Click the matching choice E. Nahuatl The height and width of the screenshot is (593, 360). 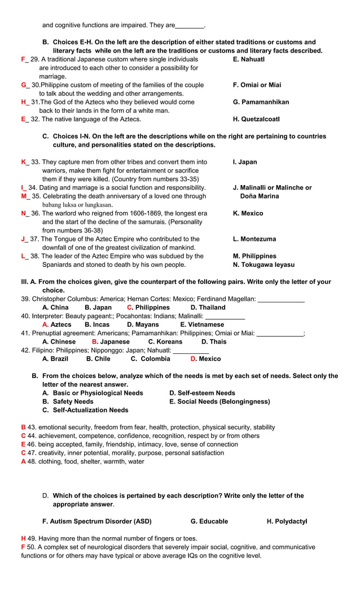click(248, 59)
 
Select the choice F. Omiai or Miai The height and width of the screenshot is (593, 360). click(257, 85)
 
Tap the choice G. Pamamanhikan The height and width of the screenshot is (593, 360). click(261, 102)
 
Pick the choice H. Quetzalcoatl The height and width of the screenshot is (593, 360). click(256, 119)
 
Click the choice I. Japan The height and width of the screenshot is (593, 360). click(245, 162)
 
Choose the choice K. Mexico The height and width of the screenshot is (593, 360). click(248, 213)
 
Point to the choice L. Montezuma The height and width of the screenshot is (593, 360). click(254, 239)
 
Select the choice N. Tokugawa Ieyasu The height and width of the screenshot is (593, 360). click(264, 265)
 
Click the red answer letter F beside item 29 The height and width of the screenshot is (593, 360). click(23, 59)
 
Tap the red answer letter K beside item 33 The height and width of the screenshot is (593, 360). click(24, 162)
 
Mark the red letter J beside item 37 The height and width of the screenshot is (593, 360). click(23, 239)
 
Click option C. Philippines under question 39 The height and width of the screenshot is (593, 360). click(148, 308)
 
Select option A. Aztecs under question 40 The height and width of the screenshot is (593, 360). click(57, 324)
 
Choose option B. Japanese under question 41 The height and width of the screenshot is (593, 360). click(111, 341)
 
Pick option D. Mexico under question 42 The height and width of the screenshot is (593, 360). click(206, 359)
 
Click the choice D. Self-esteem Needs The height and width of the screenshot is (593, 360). click(202, 393)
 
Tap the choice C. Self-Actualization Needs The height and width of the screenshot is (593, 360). click(85, 410)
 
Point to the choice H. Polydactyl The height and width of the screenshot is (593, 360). click(287, 521)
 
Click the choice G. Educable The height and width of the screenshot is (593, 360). click(209, 521)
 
